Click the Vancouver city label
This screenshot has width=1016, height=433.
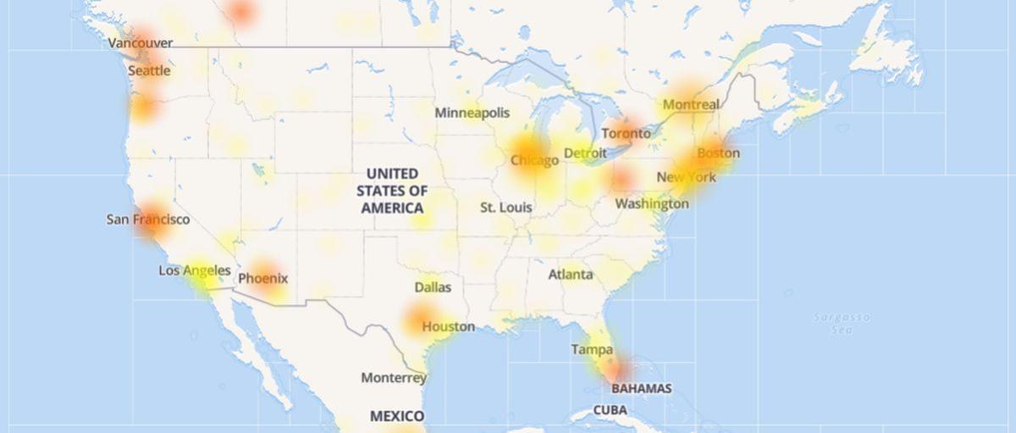click(x=141, y=42)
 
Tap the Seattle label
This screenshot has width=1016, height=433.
click(x=149, y=71)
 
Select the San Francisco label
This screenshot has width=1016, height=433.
click(x=148, y=219)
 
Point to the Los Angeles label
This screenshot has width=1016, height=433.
click(x=195, y=271)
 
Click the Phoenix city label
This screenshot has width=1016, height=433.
click(x=263, y=278)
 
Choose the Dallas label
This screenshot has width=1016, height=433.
click(x=433, y=287)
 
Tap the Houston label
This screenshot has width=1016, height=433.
click(x=449, y=326)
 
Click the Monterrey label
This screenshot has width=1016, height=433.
click(x=394, y=377)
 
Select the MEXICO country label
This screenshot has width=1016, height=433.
click(x=397, y=416)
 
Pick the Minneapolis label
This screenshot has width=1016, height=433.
click(x=472, y=113)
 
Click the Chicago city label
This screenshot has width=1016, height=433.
click(x=534, y=160)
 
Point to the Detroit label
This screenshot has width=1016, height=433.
click(x=585, y=153)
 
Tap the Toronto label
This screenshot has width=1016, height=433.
click(x=627, y=133)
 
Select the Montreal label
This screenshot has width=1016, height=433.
click(x=691, y=104)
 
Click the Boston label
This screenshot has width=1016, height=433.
click(x=718, y=153)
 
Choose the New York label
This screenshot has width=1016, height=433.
click(x=687, y=177)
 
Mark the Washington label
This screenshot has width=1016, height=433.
click(x=652, y=203)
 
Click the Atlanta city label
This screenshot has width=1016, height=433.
click(x=571, y=275)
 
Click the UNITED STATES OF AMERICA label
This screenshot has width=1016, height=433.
click(x=392, y=191)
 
